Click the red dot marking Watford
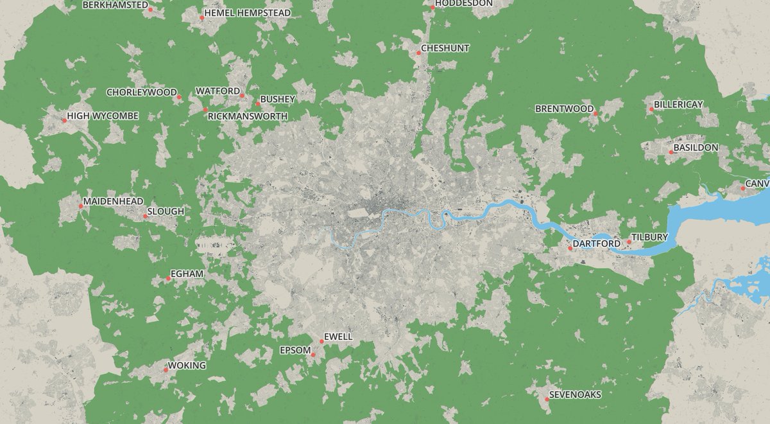[x=242, y=96]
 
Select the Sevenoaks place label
[x=575, y=394]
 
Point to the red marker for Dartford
[x=570, y=248]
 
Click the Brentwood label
[x=564, y=109]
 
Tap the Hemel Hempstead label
[x=247, y=13]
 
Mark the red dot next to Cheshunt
[x=418, y=53]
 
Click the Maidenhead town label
[x=113, y=202]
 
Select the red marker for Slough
[x=145, y=216]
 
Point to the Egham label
[x=187, y=274]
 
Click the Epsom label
[x=295, y=350]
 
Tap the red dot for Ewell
[x=321, y=341]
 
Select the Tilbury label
[x=649, y=237]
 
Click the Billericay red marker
[x=651, y=109]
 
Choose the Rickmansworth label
[x=248, y=116]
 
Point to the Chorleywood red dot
[x=179, y=97]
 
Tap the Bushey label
[x=277, y=99]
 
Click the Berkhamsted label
[x=115, y=4]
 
